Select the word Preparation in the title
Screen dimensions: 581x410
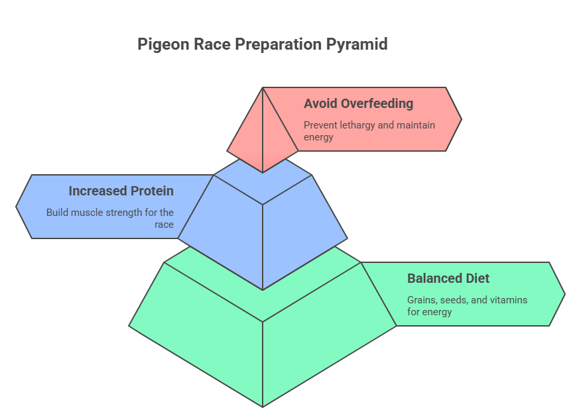pyautogui.click(x=278, y=44)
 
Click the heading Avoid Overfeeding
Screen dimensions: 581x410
pyautogui.click(x=358, y=103)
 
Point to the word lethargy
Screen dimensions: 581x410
pyautogui.click(x=357, y=125)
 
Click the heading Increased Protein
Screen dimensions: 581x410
pyautogui.click(x=121, y=191)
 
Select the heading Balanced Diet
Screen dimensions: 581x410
pyautogui.click(x=448, y=278)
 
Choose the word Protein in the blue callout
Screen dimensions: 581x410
pyautogui.click(x=152, y=191)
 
